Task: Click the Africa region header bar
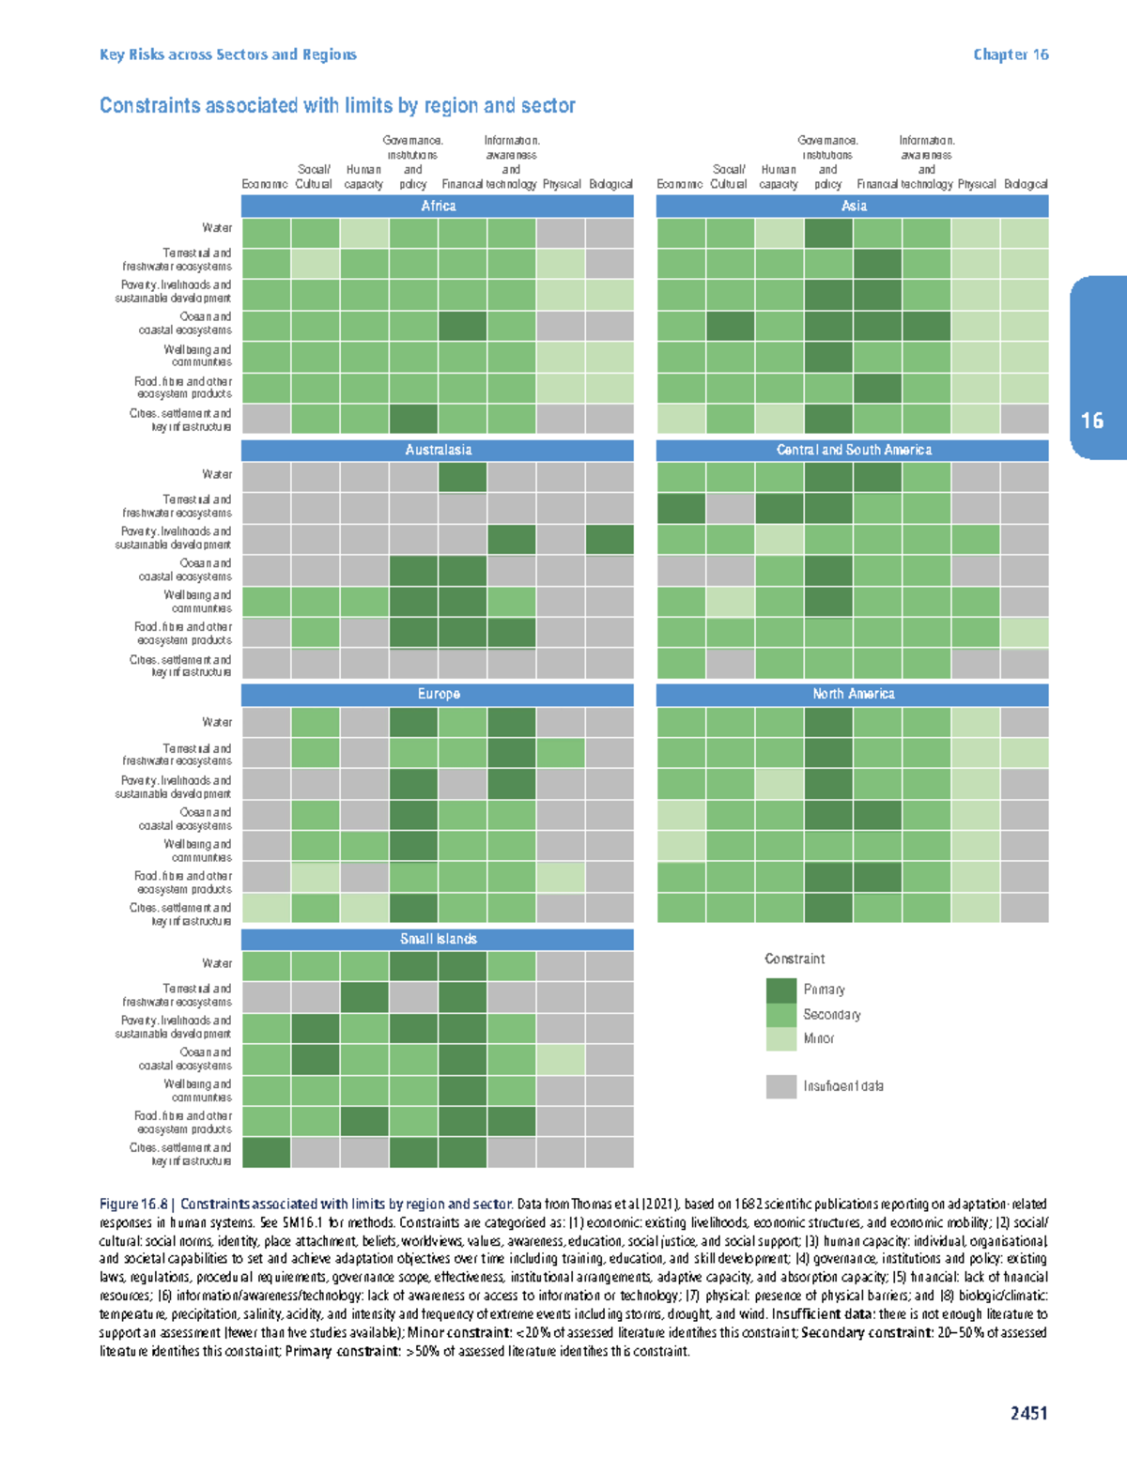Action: pos(438,206)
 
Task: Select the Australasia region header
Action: pos(438,450)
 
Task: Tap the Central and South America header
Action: pos(853,450)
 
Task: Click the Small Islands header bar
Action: pos(438,939)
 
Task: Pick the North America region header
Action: pos(853,694)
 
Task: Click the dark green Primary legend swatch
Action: pos(781,990)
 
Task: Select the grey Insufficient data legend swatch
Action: pos(781,1086)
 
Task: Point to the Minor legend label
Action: pos(818,1038)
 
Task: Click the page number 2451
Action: pos(1028,1413)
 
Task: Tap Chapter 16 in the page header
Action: pos(1011,54)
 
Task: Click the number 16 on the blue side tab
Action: pos(1092,421)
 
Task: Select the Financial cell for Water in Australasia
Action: pos(462,476)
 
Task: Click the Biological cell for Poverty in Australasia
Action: pos(610,539)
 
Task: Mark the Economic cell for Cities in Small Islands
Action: pos(267,1152)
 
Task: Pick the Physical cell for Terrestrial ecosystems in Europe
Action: pos(561,753)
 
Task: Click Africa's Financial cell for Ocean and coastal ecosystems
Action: pos(462,326)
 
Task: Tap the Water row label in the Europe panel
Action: pos(217,722)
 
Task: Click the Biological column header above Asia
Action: pos(1025,184)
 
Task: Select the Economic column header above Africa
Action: pos(265,184)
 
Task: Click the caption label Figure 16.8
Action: pos(133,1204)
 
